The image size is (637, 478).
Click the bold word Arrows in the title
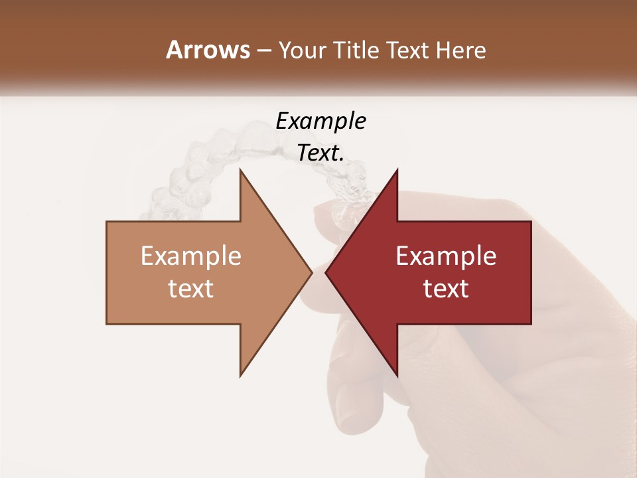click(x=208, y=50)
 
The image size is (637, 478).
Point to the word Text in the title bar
click(x=408, y=50)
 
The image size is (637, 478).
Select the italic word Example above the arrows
click(x=320, y=121)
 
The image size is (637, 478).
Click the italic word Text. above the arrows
click(x=320, y=153)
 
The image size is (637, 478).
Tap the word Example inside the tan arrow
click(x=190, y=256)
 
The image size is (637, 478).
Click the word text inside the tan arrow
click(x=190, y=289)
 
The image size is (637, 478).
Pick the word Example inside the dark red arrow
click(x=446, y=256)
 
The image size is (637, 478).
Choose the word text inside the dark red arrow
click(x=446, y=289)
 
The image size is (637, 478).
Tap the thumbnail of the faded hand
click(x=348, y=405)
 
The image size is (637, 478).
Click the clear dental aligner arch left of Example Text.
click(x=192, y=173)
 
